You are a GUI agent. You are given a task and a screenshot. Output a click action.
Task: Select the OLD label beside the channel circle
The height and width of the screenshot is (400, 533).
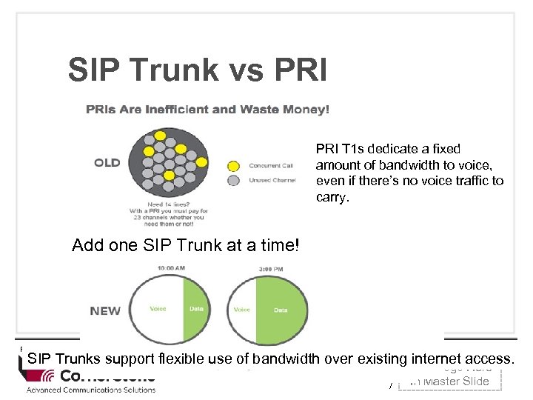click(107, 162)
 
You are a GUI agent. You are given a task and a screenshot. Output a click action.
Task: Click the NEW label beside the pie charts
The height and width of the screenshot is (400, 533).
click(105, 310)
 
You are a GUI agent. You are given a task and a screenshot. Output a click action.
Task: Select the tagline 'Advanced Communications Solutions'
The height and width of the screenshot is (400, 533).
click(91, 390)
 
